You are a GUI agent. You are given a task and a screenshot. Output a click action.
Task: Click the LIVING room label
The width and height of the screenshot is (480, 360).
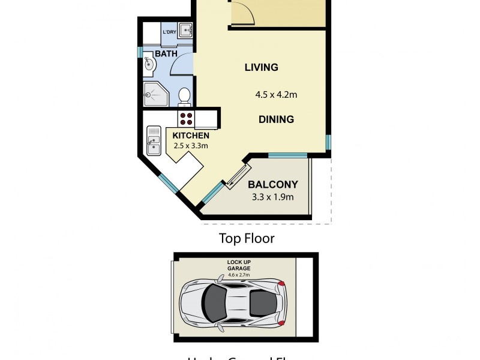coord(261,67)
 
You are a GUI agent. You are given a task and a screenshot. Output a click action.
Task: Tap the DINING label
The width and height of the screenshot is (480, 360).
coord(276,119)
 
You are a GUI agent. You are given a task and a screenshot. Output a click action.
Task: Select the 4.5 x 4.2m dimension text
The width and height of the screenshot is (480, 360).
coord(276,94)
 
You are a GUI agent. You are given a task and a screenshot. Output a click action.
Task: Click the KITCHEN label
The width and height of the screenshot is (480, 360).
coord(191,136)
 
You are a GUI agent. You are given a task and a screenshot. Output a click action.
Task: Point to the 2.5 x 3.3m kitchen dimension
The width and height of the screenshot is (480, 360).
coord(191,145)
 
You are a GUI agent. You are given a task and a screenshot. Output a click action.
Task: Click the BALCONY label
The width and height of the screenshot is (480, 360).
coord(273,184)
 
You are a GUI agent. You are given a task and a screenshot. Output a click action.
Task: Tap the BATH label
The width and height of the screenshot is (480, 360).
coord(166,54)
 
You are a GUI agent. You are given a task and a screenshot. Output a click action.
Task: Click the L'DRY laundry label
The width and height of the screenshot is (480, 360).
coord(169,32)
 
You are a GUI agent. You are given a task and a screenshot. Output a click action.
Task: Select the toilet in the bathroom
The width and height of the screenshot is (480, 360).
coord(185,96)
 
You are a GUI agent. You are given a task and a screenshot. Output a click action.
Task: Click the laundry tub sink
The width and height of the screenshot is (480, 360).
coord(186,31)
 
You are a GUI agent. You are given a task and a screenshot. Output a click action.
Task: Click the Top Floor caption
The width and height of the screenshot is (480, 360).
coord(246,239)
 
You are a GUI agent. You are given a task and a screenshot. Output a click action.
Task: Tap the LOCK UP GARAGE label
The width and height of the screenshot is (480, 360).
coord(238,265)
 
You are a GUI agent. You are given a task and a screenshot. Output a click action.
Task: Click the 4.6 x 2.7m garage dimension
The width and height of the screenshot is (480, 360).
coord(238,275)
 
